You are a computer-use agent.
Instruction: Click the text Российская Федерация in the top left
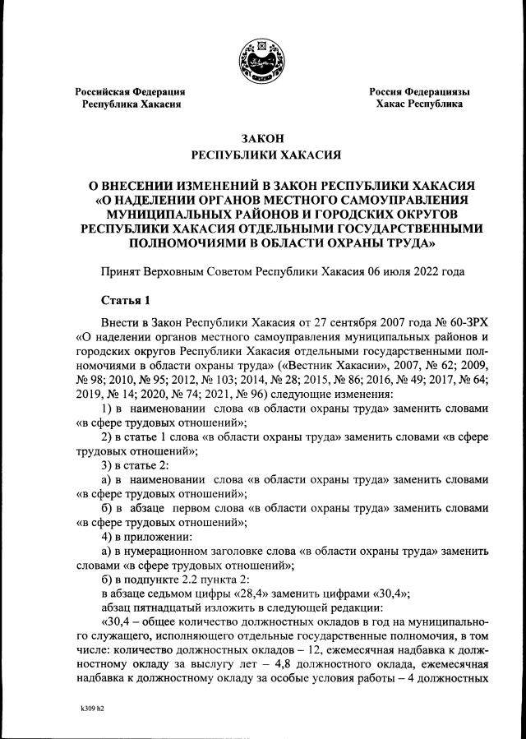pyautogui.click(x=130, y=91)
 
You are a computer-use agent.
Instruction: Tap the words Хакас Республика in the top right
pyautogui.click(x=419, y=104)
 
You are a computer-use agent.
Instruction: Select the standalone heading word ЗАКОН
pyautogui.click(x=263, y=137)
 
